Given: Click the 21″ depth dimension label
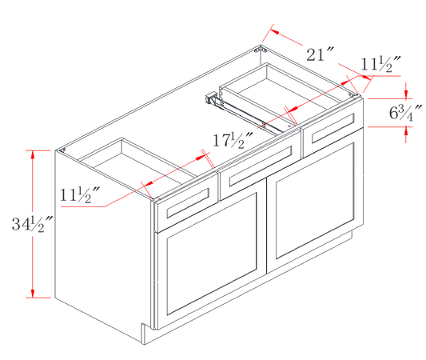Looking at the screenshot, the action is (320, 54).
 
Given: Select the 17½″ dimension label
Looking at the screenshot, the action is (233, 140).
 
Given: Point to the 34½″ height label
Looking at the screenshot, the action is (31, 224).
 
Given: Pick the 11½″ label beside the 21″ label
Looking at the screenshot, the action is (380, 65).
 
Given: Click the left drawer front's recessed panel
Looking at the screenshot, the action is (188, 202).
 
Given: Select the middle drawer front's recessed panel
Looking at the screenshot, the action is (261, 166).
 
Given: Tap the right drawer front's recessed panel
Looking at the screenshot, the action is (333, 128).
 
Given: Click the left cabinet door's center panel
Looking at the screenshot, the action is (212, 254).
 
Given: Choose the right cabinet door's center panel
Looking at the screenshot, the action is (315, 201).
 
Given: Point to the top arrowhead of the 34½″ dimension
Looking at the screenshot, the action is (33, 154).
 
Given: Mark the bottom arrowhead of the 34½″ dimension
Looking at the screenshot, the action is (33, 293).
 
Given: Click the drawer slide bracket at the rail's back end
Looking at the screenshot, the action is (210, 98).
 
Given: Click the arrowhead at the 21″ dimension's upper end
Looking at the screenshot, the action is (275, 31).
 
